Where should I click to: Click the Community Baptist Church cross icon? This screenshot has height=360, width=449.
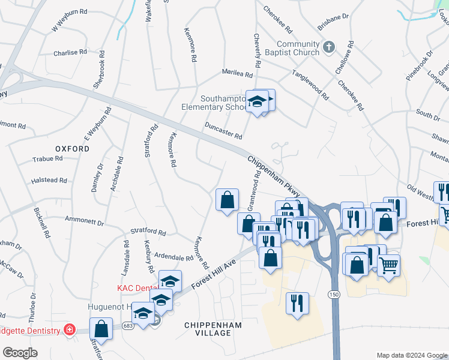328,46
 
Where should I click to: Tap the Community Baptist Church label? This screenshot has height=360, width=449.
298,48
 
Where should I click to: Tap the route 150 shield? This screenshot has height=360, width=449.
334,294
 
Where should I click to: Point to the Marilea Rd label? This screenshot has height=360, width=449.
238,74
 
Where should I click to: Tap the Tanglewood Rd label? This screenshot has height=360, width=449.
310,85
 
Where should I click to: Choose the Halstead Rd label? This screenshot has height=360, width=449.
49,180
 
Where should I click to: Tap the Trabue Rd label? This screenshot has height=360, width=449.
47,159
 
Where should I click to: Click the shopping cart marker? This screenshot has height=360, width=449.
388,264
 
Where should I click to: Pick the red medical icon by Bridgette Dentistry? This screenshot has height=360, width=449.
70,331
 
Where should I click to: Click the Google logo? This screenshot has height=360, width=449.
20,353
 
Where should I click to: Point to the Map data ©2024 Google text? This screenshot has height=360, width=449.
411,355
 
